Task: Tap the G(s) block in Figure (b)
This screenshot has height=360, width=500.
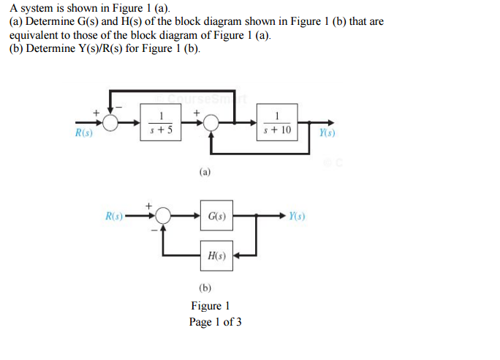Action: tap(216, 217)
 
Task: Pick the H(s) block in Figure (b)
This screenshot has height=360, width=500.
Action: tap(216, 256)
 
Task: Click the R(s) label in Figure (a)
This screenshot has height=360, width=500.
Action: tap(84, 135)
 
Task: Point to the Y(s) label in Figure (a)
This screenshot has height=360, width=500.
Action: tap(327, 134)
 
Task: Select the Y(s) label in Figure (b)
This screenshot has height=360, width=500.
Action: tap(296, 217)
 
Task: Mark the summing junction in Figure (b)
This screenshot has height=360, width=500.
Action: tap(162, 217)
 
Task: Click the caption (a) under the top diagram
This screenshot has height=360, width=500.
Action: tap(205, 173)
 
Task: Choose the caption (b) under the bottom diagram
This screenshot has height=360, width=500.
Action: tap(205, 288)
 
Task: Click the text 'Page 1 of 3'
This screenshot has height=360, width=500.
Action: tap(215, 323)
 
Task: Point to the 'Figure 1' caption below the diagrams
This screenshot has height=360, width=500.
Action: tap(211, 306)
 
